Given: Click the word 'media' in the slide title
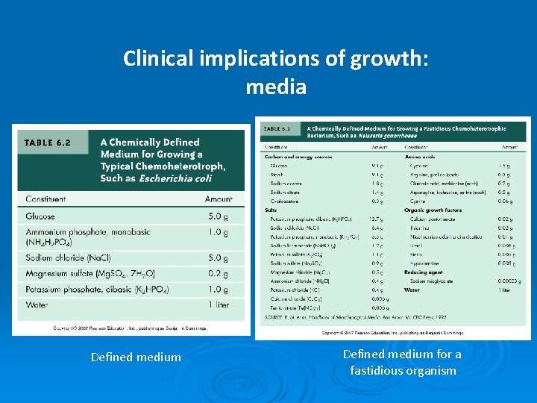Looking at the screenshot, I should pyautogui.click(x=276, y=87).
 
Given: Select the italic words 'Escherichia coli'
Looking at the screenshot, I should pyautogui.click(x=177, y=178).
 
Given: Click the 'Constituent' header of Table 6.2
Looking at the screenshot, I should pyautogui.click(x=45, y=199).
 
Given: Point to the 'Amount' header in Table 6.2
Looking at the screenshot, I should pyautogui.click(x=219, y=199).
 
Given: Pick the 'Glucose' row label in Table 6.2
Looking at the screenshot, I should pyautogui.click(x=40, y=216).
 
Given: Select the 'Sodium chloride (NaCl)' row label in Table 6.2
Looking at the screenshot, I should pyautogui.click(x=68, y=258).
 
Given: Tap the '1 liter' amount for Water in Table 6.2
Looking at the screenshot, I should pyautogui.click(x=219, y=304).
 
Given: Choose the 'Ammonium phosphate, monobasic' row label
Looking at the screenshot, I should pyautogui.click(x=87, y=232).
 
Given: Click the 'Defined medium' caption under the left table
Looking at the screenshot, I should pyautogui.click(x=136, y=357).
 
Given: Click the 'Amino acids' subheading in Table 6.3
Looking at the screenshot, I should pyautogui.click(x=418, y=157).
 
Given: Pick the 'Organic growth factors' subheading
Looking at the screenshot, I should pyautogui.click(x=434, y=210).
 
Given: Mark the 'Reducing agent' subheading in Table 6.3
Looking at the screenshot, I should pyautogui.click(x=424, y=272).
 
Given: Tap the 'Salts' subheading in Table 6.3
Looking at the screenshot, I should pyautogui.click(x=271, y=210).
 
